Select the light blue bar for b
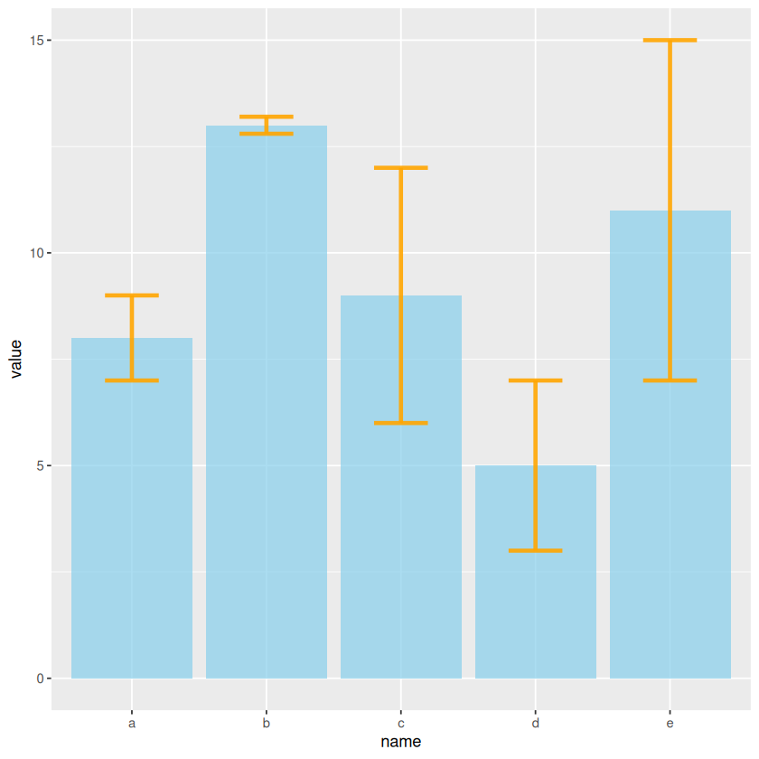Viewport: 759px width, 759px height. click(267, 407)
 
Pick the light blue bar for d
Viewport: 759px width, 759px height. click(536, 614)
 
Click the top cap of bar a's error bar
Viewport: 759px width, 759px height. click(132, 295)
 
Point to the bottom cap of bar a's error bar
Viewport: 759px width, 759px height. click(132, 380)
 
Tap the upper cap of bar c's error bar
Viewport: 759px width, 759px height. click(401, 168)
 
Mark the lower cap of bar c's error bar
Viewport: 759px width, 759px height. click(401, 423)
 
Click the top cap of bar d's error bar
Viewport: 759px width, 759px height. click(536, 380)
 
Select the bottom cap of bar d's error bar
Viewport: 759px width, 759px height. click(536, 550)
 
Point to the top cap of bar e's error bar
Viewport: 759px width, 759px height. click(670, 41)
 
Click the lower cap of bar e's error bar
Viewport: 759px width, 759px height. click(670, 380)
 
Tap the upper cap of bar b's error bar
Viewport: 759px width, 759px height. click(267, 117)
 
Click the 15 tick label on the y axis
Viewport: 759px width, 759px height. click(35, 41)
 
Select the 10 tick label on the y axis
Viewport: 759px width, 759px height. click(35, 253)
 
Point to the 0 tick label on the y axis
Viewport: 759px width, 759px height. click(39, 679)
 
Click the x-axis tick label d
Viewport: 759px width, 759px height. click(536, 724)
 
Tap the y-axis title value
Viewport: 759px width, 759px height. click(15, 360)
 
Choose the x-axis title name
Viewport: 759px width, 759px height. click(401, 743)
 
